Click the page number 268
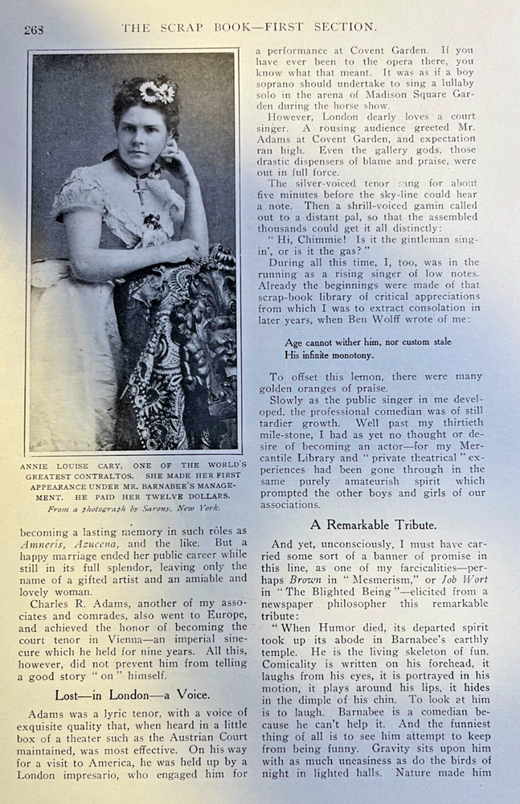coord(34,30)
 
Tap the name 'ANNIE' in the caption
coord(48,466)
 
